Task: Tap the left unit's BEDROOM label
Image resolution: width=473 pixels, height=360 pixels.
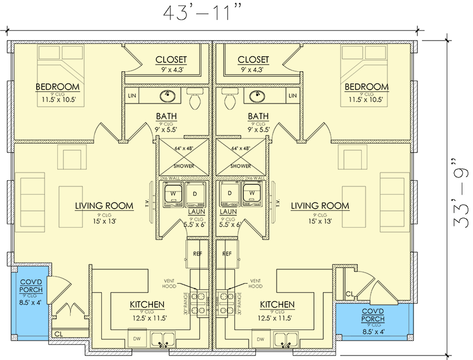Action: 57,87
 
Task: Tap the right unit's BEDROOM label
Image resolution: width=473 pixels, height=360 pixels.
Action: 366,87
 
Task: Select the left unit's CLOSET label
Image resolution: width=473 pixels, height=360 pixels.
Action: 171,60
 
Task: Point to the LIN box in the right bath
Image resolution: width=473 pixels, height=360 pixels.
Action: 293,96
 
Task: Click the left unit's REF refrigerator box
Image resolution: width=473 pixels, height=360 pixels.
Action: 196,253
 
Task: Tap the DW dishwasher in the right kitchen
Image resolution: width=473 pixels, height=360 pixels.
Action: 259,338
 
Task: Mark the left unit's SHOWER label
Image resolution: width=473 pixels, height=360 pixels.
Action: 184,166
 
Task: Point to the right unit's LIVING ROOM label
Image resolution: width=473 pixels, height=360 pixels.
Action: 320,206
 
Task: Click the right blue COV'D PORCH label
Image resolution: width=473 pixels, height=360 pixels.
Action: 375,315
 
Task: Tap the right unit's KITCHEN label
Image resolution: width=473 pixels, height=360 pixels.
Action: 277,305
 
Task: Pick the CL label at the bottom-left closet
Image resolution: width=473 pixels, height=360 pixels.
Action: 58,334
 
